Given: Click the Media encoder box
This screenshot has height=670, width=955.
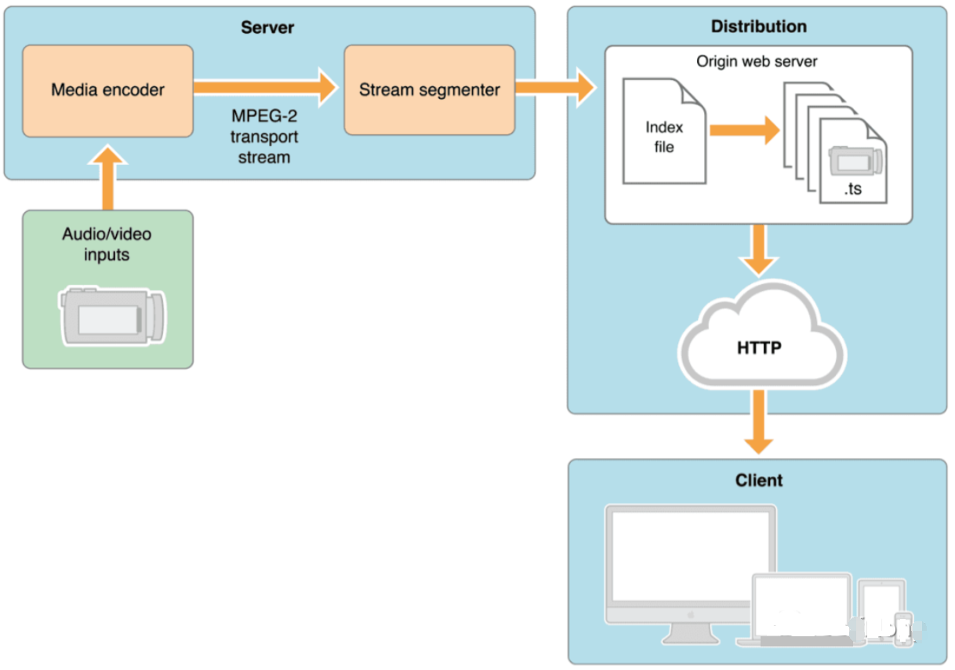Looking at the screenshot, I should (107, 90).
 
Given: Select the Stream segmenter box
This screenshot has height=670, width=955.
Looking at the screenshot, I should (429, 90).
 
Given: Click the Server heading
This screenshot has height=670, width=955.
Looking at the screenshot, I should (267, 27).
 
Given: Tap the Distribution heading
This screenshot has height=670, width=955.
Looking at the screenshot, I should (758, 27).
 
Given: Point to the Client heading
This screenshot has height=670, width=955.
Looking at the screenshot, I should (758, 480).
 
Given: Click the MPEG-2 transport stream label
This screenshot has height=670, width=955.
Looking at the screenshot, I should (264, 136).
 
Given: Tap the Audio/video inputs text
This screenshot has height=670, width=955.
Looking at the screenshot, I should (107, 244).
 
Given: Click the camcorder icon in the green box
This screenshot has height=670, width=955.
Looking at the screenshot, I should (113, 317).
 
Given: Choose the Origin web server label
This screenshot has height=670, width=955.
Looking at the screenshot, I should (757, 61).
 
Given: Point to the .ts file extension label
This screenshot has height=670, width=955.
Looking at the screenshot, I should (852, 189).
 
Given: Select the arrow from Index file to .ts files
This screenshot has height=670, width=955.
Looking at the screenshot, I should (744, 130).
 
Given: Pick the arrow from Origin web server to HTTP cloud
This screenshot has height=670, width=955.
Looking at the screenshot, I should (758, 249).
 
